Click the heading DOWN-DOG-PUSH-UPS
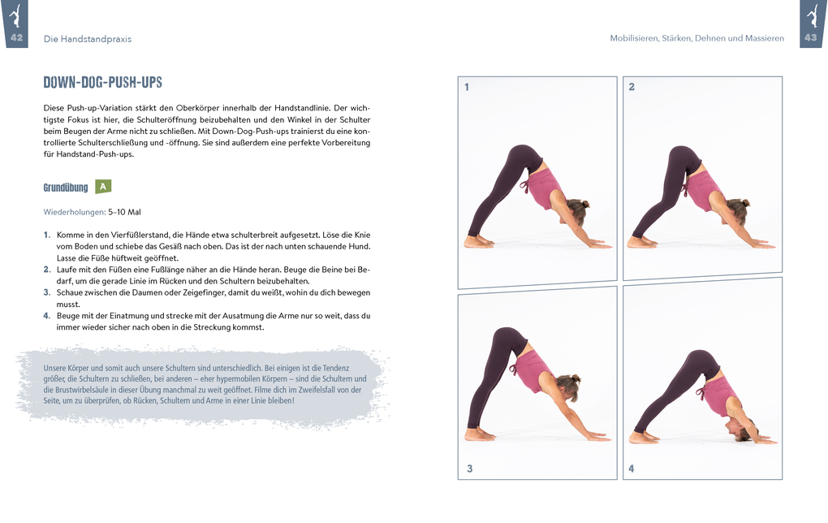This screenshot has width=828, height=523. pyautogui.click(x=102, y=83)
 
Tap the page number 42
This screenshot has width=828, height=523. pyautogui.click(x=16, y=38)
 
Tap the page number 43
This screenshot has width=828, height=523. pyautogui.click(x=810, y=38)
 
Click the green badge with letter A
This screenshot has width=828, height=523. pyautogui.click(x=103, y=187)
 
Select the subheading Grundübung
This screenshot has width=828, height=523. pyautogui.click(x=65, y=188)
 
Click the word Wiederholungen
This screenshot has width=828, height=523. pyautogui.click(x=74, y=212)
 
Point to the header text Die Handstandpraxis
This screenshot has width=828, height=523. pyautogui.click(x=87, y=39)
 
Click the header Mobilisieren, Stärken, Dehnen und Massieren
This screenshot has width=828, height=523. pyautogui.click(x=696, y=39)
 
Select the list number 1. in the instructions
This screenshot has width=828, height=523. pyautogui.click(x=47, y=235)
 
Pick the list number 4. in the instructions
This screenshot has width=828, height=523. pyautogui.click(x=47, y=316)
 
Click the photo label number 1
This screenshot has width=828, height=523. pyautogui.click(x=467, y=87)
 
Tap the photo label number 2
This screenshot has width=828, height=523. pyautogui.click(x=632, y=87)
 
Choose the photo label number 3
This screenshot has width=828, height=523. pyautogui.click(x=469, y=468)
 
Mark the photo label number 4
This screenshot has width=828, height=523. pyautogui.click(x=632, y=469)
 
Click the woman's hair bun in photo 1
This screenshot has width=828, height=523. pyautogui.click(x=584, y=205)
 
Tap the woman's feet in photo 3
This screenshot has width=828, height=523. pyautogui.click(x=478, y=434)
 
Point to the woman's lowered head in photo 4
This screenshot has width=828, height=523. pyautogui.click(x=737, y=430)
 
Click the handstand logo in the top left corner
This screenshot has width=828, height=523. pyautogui.click(x=15, y=15)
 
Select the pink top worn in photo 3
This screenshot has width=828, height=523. pyautogui.click(x=533, y=370)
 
